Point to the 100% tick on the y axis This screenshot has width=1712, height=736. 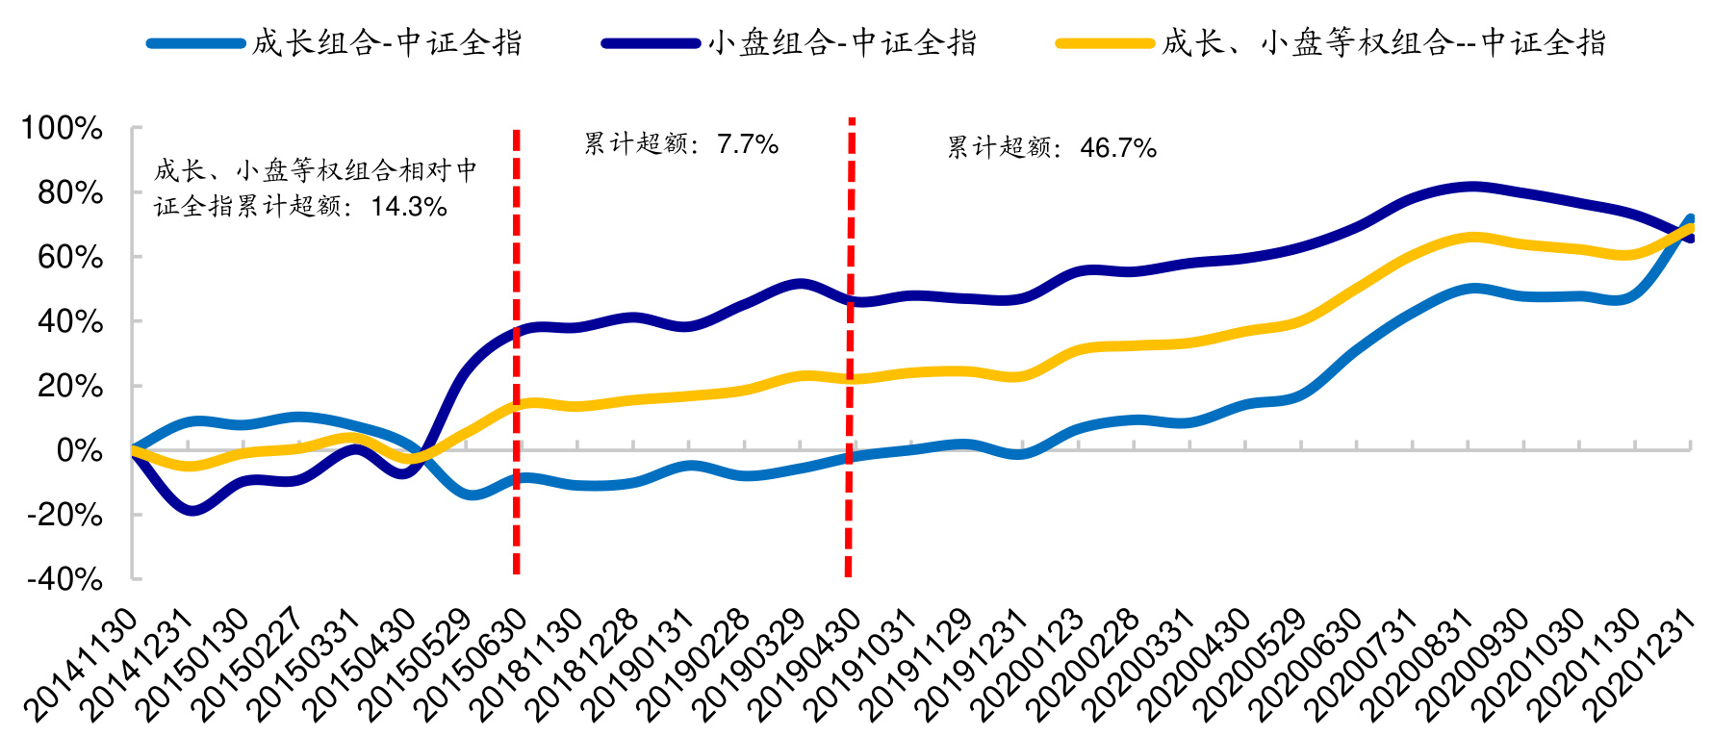coord(64,128)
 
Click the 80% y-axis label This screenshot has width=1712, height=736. coord(69,192)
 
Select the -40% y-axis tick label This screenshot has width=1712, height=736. coord(65,578)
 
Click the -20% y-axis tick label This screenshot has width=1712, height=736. coord(65,514)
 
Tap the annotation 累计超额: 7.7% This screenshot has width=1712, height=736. coord(681,144)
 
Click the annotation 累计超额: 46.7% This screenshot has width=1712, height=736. coord(1052,147)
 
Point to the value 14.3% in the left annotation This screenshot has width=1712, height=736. coord(409,206)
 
